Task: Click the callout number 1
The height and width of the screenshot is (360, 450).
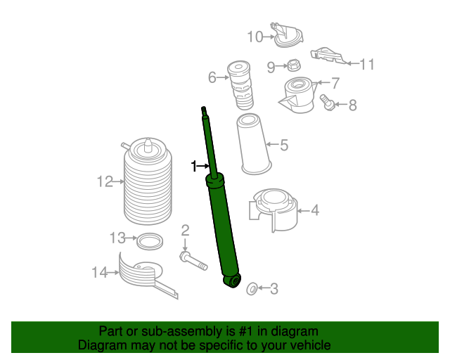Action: pos(193,166)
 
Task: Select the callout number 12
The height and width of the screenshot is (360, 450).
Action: pos(105,182)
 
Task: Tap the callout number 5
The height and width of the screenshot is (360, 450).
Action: pos(284,146)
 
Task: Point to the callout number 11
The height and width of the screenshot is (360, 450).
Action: pos(367,65)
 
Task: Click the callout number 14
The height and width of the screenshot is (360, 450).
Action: pos(100,271)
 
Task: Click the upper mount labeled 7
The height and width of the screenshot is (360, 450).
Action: pos(298,96)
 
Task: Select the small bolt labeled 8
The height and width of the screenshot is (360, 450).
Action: pos(326,103)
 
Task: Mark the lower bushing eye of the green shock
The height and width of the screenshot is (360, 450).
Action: pos(233,281)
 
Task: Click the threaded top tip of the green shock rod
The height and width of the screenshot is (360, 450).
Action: pos(204,110)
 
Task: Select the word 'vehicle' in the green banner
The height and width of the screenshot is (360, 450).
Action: pos(309,345)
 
